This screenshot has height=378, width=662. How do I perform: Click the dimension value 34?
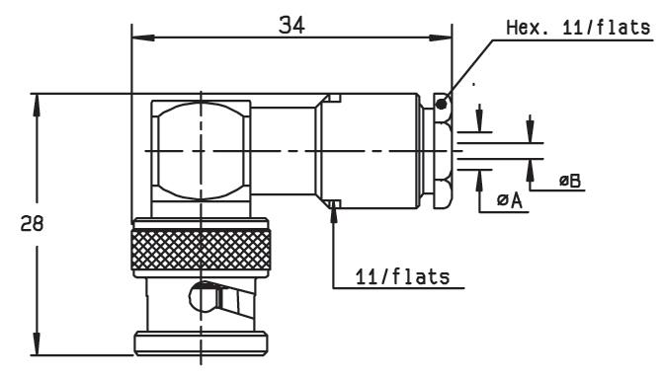[x=291, y=26]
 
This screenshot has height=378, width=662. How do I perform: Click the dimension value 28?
[x=32, y=224]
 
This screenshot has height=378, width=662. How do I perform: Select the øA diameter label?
[x=510, y=200]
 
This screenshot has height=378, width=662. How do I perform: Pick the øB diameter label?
[x=570, y=181]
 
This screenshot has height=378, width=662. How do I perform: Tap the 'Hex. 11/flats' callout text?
[x=578, y=28]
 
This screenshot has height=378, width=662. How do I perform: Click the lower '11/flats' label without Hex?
[x=402, y=277]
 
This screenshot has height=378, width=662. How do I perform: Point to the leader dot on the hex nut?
[x=442, y=104]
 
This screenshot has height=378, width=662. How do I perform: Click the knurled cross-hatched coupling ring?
[x=201, y=250]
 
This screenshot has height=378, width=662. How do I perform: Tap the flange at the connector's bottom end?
[x=201, y=343]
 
